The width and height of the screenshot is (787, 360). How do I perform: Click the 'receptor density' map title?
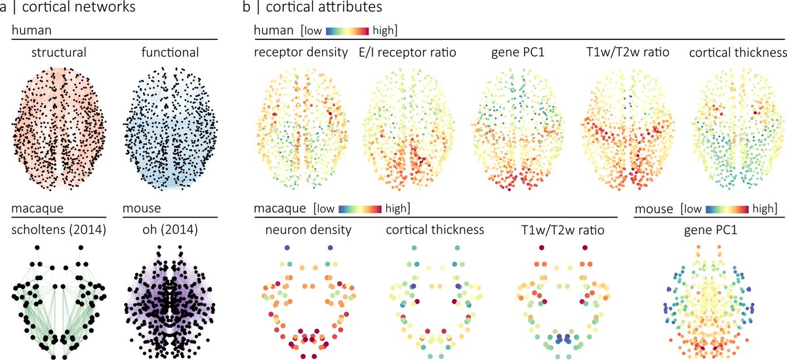[x=300, y=52]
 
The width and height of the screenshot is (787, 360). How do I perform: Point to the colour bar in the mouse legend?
[x=727, y=208]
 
